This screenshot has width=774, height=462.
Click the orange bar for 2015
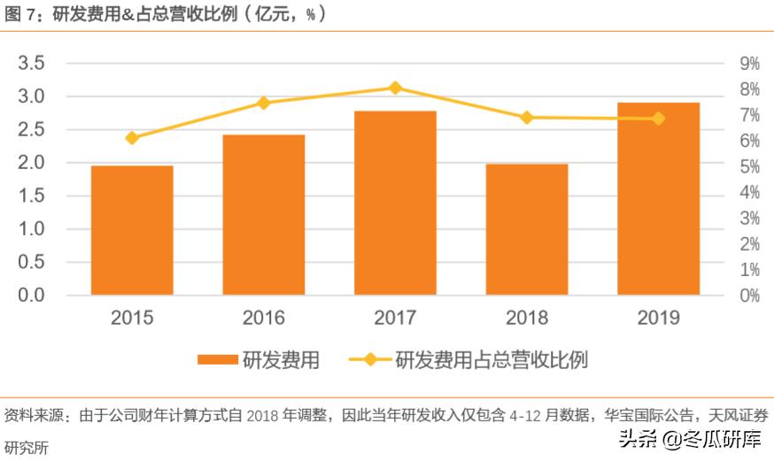132,230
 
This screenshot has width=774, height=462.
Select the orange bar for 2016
263,215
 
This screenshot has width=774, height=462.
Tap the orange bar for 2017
395,203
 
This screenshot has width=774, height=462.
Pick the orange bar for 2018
526,229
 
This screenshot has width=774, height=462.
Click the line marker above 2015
132,138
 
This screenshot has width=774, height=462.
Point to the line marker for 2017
395,88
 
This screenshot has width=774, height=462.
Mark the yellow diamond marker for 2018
526,118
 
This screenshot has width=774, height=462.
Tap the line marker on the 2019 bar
658,119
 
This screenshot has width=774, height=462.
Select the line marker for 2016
263,103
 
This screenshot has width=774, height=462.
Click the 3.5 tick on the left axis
31,63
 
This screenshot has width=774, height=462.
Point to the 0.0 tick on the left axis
31,295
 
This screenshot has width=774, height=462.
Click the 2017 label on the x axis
395,318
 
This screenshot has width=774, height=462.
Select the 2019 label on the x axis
658,318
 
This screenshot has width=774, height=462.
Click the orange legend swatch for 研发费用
218,360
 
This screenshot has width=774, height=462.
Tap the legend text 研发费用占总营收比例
491,360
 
